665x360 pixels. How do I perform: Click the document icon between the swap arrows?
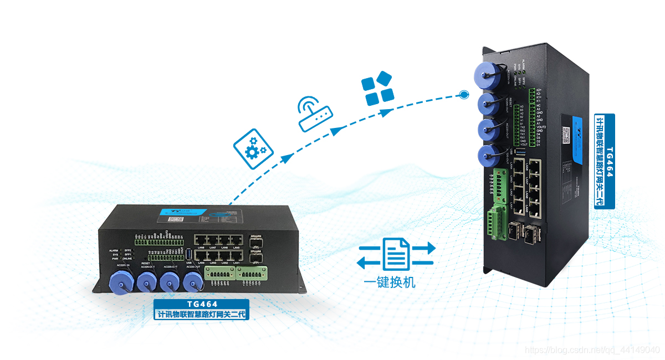click(396, 254)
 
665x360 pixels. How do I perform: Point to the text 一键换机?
click(390, 282)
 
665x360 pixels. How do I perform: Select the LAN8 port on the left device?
click(200, 240)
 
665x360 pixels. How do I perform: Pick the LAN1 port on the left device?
click(236, 255)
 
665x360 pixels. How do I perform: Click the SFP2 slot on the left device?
click(256, 241)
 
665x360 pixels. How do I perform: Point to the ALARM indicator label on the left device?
click(114, 251)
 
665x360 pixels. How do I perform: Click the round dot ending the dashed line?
click(463, 95)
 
